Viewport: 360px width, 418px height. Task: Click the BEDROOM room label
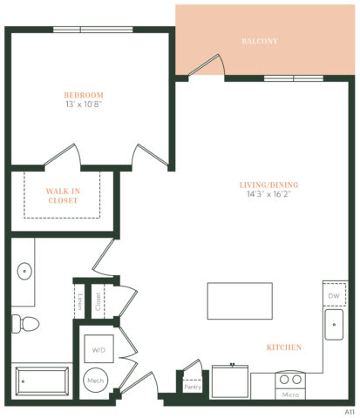84,95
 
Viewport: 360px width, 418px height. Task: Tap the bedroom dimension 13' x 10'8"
84,104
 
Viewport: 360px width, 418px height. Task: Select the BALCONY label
259,41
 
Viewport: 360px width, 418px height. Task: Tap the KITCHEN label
285,347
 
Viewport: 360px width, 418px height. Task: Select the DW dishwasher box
335,296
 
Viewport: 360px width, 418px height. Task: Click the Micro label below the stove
290,394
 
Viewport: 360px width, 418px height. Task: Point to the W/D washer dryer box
97,350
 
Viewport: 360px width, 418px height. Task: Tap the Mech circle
94,381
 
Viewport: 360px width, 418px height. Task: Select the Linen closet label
79,301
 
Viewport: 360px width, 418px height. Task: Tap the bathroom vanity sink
24,270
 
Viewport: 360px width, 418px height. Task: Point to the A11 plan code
349,408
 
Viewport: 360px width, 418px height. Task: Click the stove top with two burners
290,380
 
